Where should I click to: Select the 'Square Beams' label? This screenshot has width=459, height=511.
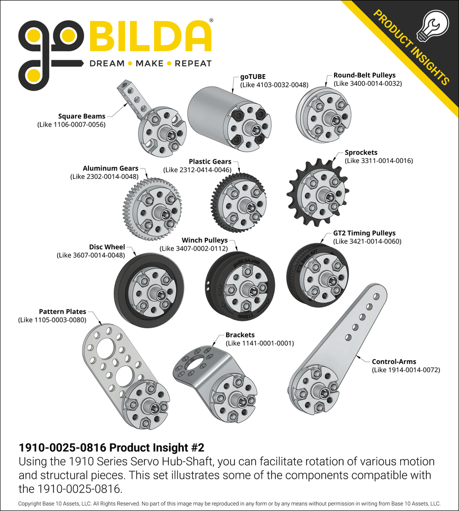(82, 116)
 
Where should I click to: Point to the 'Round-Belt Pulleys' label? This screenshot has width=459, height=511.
(364, 75)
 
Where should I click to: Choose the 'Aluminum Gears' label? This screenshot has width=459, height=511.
(110, 168)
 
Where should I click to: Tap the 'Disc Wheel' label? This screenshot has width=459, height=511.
(107, 247)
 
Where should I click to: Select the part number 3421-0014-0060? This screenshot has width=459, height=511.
(367, 241)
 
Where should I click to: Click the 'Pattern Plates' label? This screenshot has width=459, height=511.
(62, 312)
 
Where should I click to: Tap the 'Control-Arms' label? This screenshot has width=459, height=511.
(394, 362)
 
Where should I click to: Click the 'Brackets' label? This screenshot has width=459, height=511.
(240, 335)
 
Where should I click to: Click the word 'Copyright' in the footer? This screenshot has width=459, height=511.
(30, 503)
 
